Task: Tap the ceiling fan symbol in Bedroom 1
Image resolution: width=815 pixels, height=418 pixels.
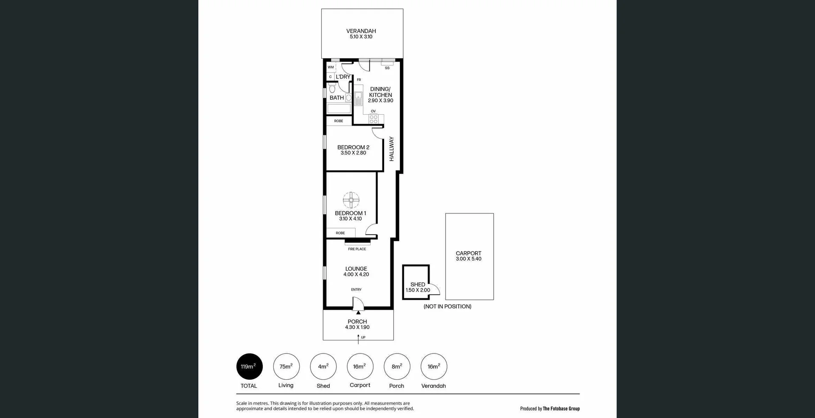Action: pyautogui.click(x=351, y=200)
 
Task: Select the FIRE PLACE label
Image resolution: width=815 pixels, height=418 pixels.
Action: pyautogui.click(x=357, y=249)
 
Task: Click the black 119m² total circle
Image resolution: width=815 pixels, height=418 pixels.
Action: pyautogui.click(x=249, y=366)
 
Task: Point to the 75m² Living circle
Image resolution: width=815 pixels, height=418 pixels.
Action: pyautogui.click(x=286, y=366)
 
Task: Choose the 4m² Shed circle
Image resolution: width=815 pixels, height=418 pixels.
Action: pyautogui.click(x=323, y=366)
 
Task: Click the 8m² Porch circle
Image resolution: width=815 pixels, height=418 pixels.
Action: pyautogui.click(x=396, y=366)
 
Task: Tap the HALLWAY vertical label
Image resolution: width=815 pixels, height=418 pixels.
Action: pyautogui.click(x=391, y=149)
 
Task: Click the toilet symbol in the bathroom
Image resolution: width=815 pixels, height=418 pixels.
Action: pyautogui.click(x=332, y=88)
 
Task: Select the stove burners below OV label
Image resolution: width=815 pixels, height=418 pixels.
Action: pyautogui.click(x=374, y=119)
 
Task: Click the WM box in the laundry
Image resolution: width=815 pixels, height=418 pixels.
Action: pyautogui.click(x=331, y=67)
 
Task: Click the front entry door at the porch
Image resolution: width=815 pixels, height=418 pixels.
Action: pyautogui.click(x=358, y=304)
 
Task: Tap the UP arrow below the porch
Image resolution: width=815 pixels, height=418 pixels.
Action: pyautogui.click(x=358, y=338)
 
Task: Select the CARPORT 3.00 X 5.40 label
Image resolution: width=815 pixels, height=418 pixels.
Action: pyautogui.click(x=469, y=256)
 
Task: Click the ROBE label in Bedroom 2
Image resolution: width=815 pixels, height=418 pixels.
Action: pyautogui.click(x=338, y=121)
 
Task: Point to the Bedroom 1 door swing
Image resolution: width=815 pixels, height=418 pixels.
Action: pyautogui.click(x=371, y=230)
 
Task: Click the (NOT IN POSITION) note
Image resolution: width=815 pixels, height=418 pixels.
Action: pyautogui.click(x=447, y=306)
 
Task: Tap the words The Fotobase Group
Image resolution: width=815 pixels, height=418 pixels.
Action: pyautogui.click(x=561, y=409)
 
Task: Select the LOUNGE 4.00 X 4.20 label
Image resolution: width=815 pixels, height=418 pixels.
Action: pyautogui.click(x=356, y=272)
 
